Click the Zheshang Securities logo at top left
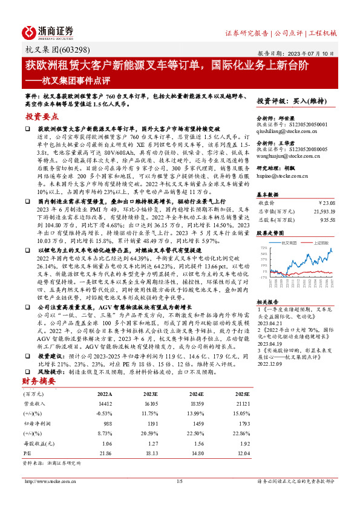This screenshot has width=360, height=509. (49, 31)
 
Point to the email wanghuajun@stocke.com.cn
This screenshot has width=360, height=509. (287, 155)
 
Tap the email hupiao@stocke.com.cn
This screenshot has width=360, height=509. (283, 176)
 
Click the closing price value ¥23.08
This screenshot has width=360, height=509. (343, 203)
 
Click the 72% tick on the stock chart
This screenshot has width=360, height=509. (265, 248)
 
